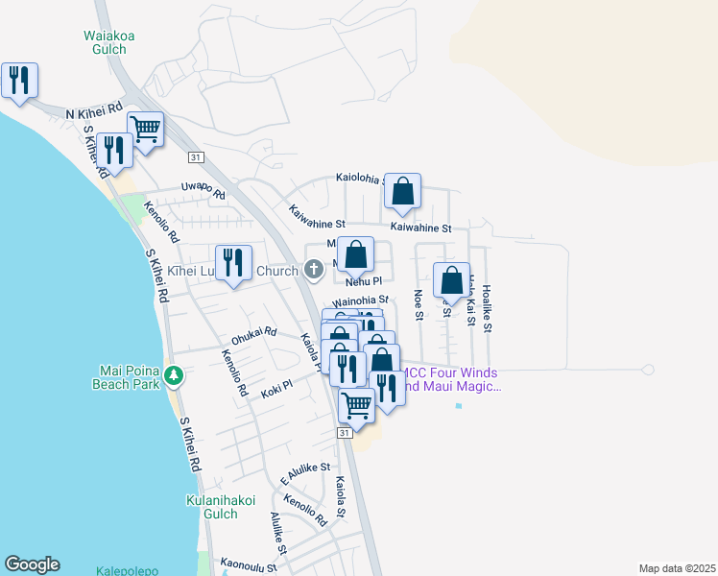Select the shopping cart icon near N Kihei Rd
coord(145,129)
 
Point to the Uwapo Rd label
coord(203,191)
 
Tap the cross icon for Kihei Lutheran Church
coord(314,271)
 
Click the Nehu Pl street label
coord(364,282)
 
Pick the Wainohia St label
coord(359,300)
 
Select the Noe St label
coord(418,304)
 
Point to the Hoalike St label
coord(488,308)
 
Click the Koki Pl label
coord(275,386)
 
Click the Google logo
coord(32,564)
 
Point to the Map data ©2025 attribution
coord(676,568)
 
